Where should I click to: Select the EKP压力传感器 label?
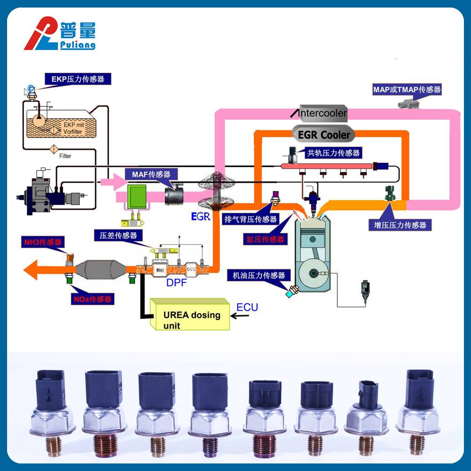click(x=78, y=79)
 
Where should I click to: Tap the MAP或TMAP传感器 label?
click(x=406, y=89)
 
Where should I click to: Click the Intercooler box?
click(x=323, y=113)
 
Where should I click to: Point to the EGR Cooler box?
click(x=325, y=135)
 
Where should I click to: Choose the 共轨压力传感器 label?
click(x=333, y=153)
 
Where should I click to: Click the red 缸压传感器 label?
click(x=265, y=239)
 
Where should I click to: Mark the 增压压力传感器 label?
click(x=400, y=225)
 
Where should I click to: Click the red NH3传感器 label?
click(x=43, y=243)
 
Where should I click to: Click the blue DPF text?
click(x=177, y=283)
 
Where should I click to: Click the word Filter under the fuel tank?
click(x=65, y=155)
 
